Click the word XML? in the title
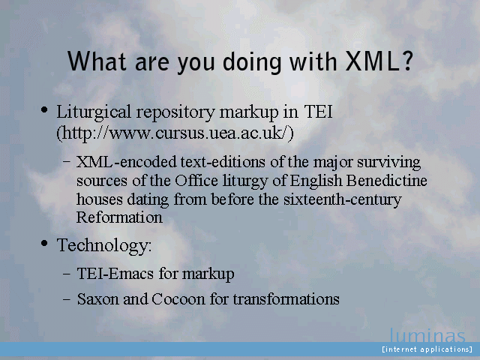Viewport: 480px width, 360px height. point(379,61)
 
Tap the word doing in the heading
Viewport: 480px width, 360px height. point(251,62)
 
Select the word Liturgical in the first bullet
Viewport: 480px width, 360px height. point(94,112)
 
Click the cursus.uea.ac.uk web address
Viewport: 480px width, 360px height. point(175,133)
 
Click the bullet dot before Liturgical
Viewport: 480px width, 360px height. point(44,109)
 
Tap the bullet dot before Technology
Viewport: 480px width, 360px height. point(44,243)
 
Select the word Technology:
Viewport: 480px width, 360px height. point(104,246)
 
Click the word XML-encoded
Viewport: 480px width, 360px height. point(127,162)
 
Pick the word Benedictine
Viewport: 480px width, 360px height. point(387,181)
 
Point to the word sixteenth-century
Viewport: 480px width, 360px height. point(342,200)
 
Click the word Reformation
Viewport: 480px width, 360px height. point(119,217)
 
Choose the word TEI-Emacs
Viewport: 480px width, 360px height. point(115,273)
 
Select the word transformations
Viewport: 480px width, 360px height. point(286,299)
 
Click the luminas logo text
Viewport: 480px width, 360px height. point(427,335)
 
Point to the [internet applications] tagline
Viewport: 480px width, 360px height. point(427,349)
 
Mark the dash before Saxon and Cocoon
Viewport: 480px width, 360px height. point(67,299)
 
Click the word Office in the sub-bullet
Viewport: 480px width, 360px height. point(196,181)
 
